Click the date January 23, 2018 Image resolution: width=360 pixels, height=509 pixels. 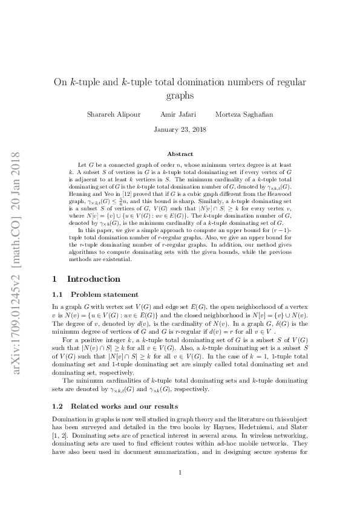coord(180,129)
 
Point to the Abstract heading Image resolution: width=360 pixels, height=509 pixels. coord(180,154)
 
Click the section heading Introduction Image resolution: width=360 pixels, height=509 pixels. coord(93,279)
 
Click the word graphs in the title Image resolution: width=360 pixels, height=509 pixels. coord(180,96)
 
